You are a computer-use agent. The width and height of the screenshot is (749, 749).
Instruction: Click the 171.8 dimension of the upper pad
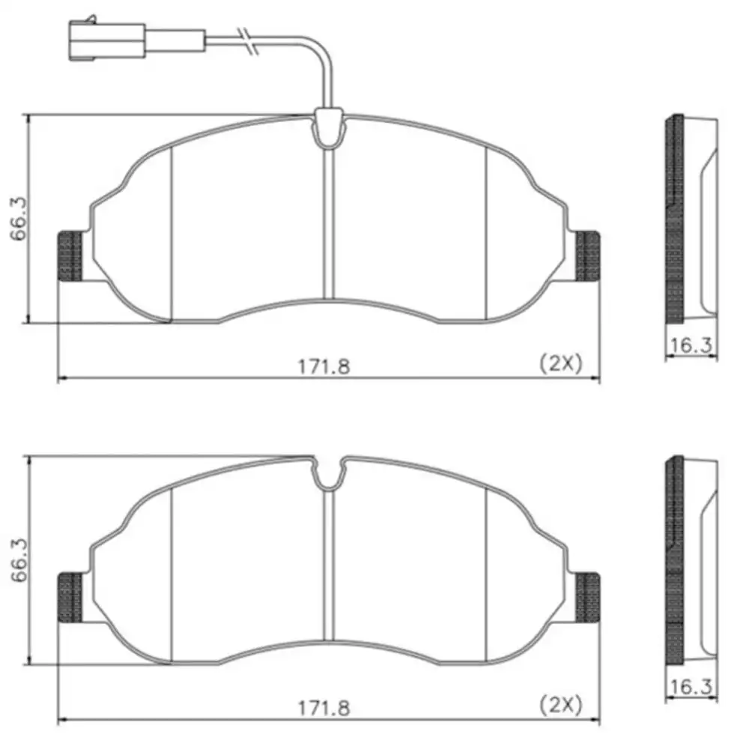tap(324, 366)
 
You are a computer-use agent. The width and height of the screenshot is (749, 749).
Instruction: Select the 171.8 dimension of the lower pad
tap(324, 706)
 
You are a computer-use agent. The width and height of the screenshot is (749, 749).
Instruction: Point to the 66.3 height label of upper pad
tap(17, 219)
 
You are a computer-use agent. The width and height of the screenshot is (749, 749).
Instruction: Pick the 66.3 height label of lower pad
tap(17, 560)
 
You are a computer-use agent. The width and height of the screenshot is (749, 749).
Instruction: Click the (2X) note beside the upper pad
tap(561, 363)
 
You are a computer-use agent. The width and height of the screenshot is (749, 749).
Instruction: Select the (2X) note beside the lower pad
tap(561, 704)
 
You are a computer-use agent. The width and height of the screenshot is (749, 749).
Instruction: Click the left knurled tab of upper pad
tap(70, 256)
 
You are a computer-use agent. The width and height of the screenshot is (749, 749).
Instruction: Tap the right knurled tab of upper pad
tap(587, 256)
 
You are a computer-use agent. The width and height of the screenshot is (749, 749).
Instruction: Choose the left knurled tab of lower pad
tap(70, 598)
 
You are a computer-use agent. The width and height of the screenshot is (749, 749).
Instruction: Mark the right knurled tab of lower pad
tap(587, 598)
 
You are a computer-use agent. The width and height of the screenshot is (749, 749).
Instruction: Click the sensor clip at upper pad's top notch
tap(328, 129)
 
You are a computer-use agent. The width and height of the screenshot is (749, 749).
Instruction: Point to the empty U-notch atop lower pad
tap(327, 473)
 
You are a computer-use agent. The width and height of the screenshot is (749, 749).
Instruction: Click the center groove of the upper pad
tap(327, 225)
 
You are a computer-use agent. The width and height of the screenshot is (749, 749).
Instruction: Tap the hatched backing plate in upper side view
tap(674, 221)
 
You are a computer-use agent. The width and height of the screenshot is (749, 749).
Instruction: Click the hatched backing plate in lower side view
tap(674, 562)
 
